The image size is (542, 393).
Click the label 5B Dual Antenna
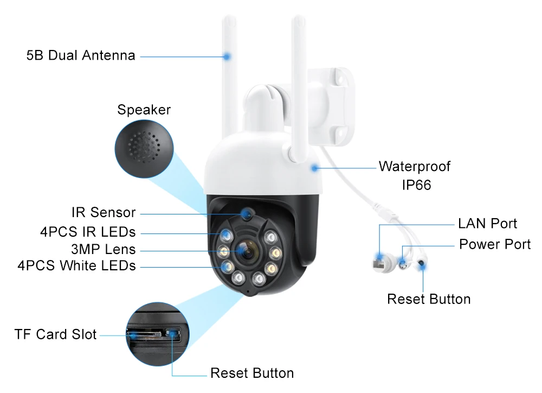point(81,55)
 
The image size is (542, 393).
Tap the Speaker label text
point(144,110)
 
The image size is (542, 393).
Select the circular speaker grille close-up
point(144,149)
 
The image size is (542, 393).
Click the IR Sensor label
point(104,213)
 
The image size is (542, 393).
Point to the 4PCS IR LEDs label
point(88,232)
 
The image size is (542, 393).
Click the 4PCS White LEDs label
point(76,266)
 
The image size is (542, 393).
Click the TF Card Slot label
point(55,334)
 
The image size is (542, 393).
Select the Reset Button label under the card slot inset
point(252,373)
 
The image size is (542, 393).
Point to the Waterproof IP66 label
point(415,175)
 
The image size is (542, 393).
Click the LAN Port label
point(487,224)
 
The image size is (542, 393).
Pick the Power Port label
point(495,244)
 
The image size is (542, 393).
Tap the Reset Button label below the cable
point(429,299)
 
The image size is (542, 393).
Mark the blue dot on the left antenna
point(227,55)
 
